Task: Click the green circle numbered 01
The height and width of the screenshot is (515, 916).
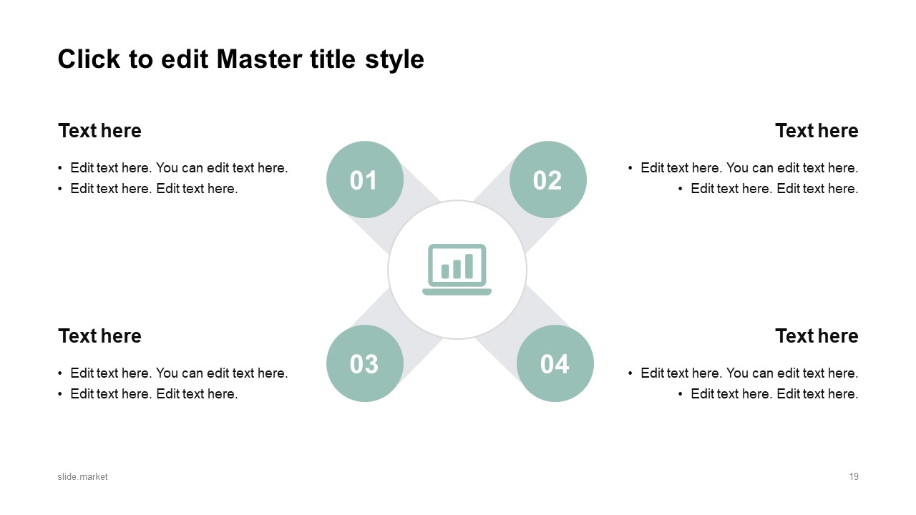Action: point(364,180)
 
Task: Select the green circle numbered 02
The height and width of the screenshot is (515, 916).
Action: point(547,180)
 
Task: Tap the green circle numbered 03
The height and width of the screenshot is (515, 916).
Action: point(364,363)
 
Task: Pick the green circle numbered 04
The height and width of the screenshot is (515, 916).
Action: point(555,363)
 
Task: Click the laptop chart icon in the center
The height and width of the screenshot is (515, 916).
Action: point(457,270)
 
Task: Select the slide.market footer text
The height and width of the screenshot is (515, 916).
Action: point(83,476)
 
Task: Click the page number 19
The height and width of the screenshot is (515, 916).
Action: point(854,476)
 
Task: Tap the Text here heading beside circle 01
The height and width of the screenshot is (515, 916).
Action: point(99,131)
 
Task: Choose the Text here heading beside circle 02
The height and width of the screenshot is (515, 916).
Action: point(817,131)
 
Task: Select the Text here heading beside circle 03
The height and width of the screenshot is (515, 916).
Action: point(99,336)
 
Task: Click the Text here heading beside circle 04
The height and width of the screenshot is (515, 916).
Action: point(817,336)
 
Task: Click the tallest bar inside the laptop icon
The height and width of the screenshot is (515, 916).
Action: point(469,266)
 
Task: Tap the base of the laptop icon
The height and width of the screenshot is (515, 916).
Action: point(457,292)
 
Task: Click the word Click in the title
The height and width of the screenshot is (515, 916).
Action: point(89,59)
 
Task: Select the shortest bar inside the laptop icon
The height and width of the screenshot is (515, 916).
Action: point(445,271)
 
